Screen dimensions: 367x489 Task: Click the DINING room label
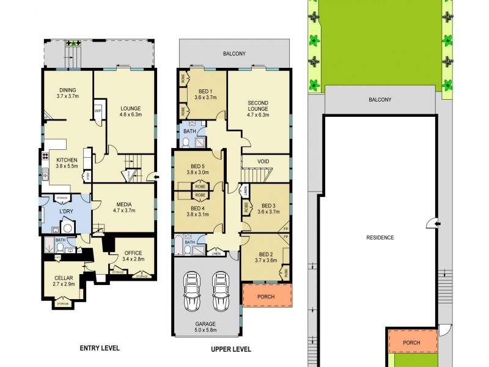point(68,93)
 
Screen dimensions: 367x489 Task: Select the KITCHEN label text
point(67,162)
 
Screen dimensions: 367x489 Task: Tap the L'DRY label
point(66,211)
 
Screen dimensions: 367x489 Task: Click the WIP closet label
point(98,111)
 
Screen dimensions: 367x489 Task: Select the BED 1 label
point(205,93)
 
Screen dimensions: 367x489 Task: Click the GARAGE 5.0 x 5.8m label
point(206,328)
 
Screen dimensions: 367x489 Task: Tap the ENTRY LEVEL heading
point(100,348)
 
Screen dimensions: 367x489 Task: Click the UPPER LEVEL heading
point(231,349)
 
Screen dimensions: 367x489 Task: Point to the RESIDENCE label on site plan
point(380,237)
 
